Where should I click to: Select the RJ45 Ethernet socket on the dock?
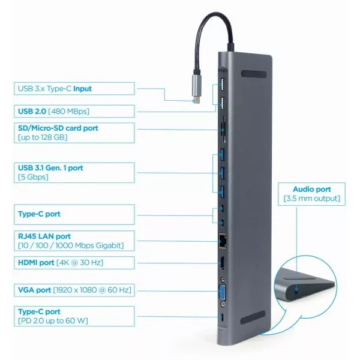pyautogui.click(x=223, y=241)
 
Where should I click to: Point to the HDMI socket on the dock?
pyautogui.click(x=221, y=263)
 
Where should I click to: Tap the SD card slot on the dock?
pyautogui.click(x=223, y=128)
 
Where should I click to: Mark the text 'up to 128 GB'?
pyautogui.click(x=42, y=137)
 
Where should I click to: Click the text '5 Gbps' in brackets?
pyautogui.click(x=34, y=177)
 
